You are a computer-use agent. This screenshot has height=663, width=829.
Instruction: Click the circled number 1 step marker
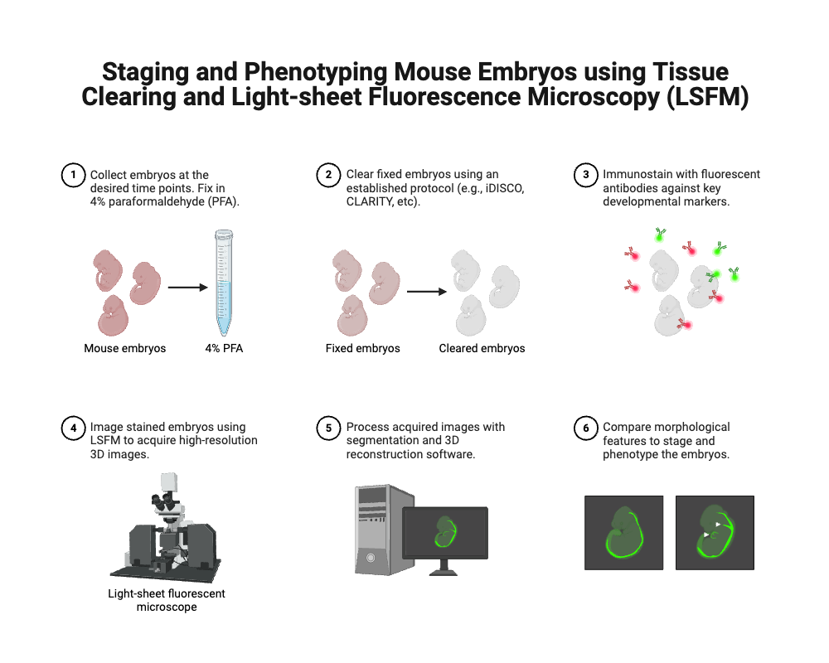(74, 175)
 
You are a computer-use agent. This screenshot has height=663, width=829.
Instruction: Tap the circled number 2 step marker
(328, 175)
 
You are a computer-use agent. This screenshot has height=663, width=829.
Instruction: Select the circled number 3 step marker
(586, 175)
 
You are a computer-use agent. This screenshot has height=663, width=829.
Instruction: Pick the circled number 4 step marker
(74, 428)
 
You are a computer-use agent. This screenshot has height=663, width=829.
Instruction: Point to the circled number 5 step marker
(328, 428)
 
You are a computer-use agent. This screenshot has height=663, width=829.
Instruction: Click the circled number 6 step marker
(586, 428)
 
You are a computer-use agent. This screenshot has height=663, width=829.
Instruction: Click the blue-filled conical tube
(224, 283)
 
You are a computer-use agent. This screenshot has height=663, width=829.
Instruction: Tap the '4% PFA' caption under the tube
(224, 348)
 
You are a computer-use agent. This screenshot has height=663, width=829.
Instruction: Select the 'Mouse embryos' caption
(125, 348)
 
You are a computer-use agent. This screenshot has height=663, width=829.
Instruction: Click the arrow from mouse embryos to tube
(187, 288)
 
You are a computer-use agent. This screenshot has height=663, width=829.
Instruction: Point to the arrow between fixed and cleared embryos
(427, 292)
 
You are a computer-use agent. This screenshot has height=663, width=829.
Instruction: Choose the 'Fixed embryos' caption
(363, 348)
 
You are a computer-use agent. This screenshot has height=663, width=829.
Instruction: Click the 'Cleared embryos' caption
(482, 348)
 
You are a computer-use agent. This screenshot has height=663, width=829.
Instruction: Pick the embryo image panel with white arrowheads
(715, 533)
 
